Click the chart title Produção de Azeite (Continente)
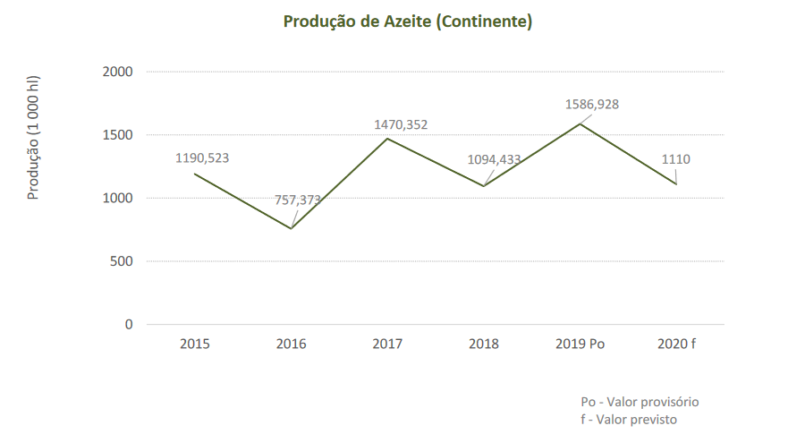coord(408,21)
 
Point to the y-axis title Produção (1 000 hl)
coord(33,137)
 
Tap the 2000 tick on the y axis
coord(117,72)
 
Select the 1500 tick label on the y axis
coord(117,135)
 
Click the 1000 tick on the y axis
coord(117,199)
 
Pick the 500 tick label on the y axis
coord(122,261)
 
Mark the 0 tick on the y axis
coord(129,325)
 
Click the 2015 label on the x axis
coord(194,344)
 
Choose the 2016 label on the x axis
coord(291,344)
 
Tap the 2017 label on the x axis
coord(387,344)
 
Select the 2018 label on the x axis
coord(484,344)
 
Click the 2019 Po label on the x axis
coord(580,344)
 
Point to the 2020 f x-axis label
coord(676,344)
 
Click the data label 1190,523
coord(202,158)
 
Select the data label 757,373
coord(298,200)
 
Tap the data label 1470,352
coord(401,125)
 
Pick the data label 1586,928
coord(592,105)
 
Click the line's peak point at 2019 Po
coord(580,123)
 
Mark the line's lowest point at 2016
coord(291,228)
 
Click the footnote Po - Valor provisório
coord(640,402)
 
